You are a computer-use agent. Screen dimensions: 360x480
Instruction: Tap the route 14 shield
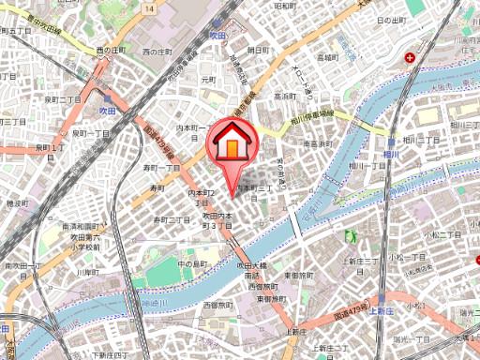click(150, 8)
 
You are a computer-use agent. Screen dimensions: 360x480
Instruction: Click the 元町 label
click(207, 81)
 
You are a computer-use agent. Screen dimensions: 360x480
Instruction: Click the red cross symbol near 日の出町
click(411, 59)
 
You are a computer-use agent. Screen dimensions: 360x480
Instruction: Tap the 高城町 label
click(327, 57)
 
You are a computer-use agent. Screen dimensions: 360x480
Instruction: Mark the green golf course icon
click(351, 236)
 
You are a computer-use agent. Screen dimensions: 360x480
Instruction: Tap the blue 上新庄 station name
click(379, 309)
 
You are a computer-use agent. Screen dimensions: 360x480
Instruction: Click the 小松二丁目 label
click(438, 235)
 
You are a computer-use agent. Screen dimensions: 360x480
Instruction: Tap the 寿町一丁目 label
click(161, 167)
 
